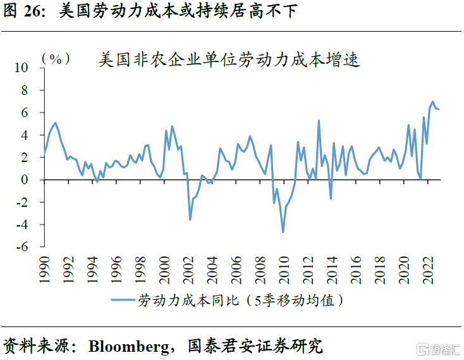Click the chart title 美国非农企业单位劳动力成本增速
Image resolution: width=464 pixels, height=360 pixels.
click(x=229, y=60)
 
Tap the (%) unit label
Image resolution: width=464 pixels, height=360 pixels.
click(x=56, y=58)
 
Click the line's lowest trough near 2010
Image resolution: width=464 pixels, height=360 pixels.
click(x=283, y=232)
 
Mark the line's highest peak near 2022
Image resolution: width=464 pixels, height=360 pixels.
click(x=433, y=101)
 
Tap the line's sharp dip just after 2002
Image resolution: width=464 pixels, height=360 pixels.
click(x=190, y=220)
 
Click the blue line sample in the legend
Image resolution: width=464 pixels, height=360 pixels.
click(x=123, y=299)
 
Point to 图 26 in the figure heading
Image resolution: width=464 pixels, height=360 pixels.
click(x=24, y=11)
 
